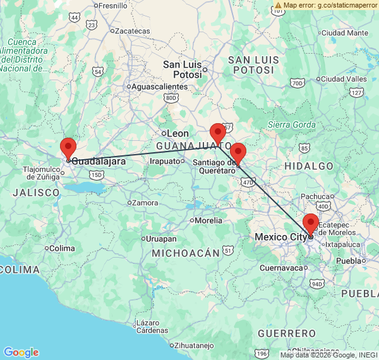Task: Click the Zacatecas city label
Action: coord(132,30)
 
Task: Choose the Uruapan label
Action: coord(161,239)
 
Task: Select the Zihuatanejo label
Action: coord(194,345)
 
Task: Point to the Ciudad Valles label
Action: coord(344,79)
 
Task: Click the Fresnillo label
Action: coord(112,6)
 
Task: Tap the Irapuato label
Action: coord(165,161)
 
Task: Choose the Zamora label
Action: coord(145,203)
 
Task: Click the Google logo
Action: coord(21,352)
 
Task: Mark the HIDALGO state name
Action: coord(309,165)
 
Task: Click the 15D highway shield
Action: coord(96,174)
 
